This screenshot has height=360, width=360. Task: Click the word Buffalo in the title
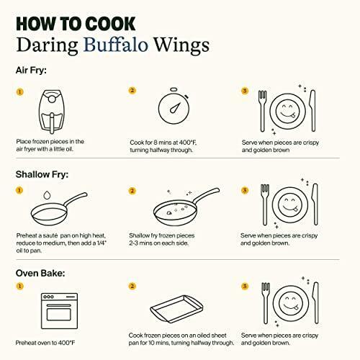click(115, 45)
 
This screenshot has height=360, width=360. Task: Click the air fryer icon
click(52, 112)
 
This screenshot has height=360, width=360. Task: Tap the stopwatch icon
click(174, 106)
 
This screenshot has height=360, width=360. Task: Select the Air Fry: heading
click(31, 71)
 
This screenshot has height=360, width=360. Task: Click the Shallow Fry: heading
click(42, 174)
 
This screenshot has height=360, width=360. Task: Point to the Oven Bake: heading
click(40, 273)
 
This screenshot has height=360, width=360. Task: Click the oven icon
click(59, 311)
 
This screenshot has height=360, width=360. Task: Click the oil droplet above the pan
click(47, 195)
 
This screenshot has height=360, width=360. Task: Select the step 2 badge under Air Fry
click(132, 91)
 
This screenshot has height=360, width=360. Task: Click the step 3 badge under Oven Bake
click(245, 286)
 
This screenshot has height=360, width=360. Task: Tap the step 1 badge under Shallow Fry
click(19, 190)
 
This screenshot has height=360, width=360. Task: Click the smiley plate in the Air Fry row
click(287, 112)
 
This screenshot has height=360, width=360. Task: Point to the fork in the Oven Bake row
click(265, 303)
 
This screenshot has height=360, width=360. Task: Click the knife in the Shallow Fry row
click(315, 204)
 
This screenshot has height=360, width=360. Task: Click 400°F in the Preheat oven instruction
click(66, 343)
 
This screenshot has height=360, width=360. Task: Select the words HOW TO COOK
click(76, 24)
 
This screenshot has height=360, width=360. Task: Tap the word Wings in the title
click(181, 45)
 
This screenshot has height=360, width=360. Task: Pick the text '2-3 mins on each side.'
click(159, 243)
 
